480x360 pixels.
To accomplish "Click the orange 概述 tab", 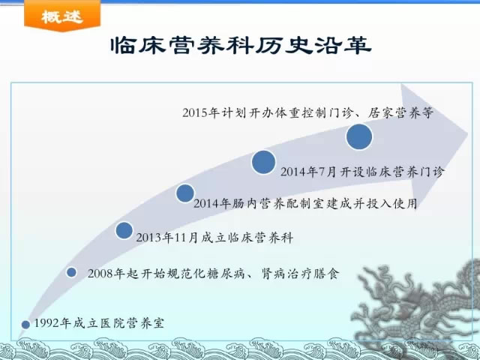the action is [62, 15].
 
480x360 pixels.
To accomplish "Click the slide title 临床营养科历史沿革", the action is [241, 46].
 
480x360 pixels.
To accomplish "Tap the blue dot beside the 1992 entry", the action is [25, 325].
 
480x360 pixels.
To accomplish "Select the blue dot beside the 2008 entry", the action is [71, 272].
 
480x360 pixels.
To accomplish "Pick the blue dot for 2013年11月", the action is [124, 230].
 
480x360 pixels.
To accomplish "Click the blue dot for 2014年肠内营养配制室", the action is [185, 193].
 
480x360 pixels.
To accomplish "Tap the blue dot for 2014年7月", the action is [263, 162].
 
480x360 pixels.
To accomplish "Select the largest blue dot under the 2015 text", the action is [359, 136].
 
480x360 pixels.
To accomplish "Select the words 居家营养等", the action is [400, 112].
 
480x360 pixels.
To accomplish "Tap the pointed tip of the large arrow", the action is [467, 134].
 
